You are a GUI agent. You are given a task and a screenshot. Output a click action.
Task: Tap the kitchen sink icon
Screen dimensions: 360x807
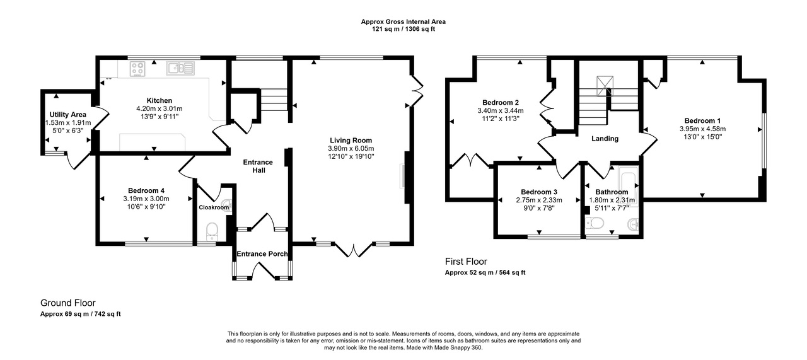coord(180,67)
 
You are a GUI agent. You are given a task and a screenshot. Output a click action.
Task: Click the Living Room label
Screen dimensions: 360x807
coord(351,140)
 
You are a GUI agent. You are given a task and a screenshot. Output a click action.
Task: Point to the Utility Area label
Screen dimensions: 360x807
coord(68,114)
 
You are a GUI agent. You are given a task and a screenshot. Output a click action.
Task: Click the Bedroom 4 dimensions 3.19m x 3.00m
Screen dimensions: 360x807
coord(146,199)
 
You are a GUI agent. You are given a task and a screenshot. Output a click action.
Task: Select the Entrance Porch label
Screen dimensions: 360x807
coord(262,254)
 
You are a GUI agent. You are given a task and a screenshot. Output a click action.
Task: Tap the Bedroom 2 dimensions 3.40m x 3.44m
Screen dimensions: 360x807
coord(500,110)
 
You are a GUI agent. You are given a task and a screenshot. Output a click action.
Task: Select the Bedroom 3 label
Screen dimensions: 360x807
coord(539,192)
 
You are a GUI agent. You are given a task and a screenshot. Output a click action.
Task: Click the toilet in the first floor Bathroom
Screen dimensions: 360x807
coord(595,222)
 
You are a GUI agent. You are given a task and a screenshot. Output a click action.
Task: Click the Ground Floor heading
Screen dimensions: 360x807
coord(67,303)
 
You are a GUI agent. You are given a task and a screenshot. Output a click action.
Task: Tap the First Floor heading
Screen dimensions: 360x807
coord(466,262)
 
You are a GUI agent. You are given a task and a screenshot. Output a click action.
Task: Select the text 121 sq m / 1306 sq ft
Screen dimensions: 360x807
coord(403,29)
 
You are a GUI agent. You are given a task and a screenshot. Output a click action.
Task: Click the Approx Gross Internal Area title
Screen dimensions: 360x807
coord(403,21)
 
